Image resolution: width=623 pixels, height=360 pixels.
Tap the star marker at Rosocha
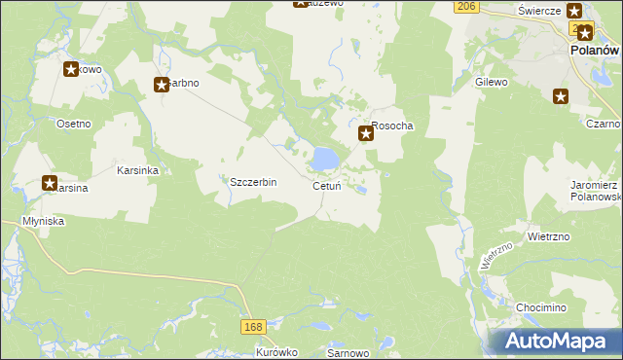(366, 134)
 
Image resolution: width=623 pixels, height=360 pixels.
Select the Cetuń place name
(325, 186)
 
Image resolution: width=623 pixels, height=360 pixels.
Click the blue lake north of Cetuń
(325, 157)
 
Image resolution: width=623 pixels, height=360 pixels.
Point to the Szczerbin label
(253, 182)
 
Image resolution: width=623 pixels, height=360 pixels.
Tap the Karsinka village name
(137, 169)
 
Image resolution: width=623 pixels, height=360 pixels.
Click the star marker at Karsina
(49, 182)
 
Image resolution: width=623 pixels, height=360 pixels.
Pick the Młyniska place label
(43, 222)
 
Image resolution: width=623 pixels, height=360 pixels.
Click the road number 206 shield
(466, 7)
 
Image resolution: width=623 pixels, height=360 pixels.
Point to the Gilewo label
(492, 83)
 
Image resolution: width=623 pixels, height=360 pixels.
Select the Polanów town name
(594, 51)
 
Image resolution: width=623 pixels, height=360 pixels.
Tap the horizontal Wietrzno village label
(547, 235)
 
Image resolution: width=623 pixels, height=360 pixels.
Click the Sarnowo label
(346, 352)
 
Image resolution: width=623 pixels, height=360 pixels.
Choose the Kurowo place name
(276, 352)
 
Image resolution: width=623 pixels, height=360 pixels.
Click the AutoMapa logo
(558, 342)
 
